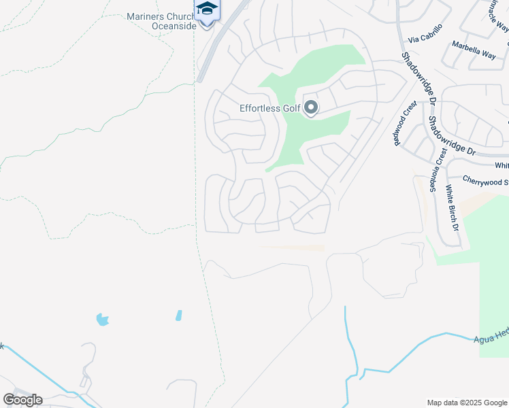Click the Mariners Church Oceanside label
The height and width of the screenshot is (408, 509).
(161, 21)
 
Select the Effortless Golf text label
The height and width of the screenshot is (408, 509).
(269, 108)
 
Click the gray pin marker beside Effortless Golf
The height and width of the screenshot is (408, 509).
(311, 107)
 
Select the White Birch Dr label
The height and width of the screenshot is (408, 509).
(453, 207)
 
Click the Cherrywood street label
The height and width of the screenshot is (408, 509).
(485, 181)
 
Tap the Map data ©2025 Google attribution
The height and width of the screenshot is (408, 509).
(467, 403)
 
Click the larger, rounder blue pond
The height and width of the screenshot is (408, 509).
(102, 319)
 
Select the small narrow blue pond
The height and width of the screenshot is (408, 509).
(178, 316)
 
